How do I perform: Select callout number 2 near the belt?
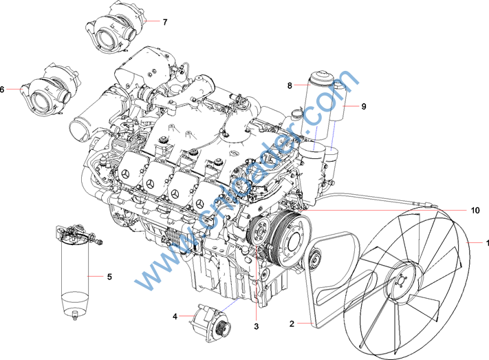tap(292, 323)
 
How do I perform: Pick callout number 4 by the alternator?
tap(175, 317)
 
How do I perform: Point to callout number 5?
tap(109, 276)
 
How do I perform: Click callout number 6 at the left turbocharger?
tap(3, 89)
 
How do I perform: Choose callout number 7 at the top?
tap(165, 22)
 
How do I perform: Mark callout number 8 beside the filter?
tap(290, 85)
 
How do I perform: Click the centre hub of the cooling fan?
tap(400, 282)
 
